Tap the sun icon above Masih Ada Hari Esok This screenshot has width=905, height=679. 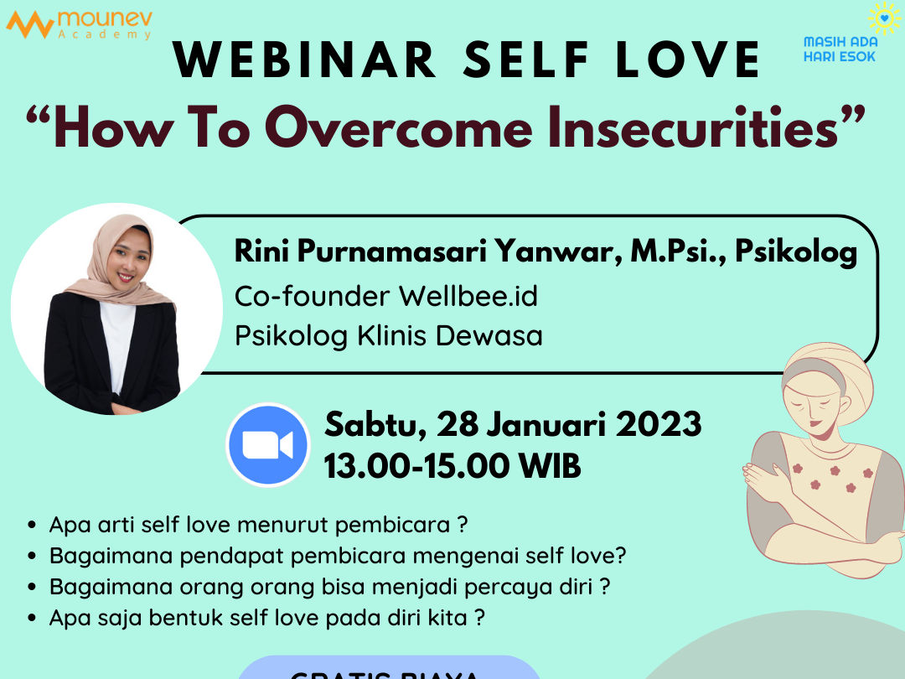883,18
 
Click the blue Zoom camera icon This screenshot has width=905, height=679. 267,445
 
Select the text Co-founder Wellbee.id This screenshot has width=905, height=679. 385,296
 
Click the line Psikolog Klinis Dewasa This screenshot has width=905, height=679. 388,336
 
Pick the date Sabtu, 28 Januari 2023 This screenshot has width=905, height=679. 513,424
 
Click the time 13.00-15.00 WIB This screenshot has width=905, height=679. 452,466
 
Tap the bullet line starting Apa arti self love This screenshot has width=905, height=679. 258,526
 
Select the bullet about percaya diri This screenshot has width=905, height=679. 329,587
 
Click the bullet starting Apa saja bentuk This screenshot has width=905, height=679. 267,618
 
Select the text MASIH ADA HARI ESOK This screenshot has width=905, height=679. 840,49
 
